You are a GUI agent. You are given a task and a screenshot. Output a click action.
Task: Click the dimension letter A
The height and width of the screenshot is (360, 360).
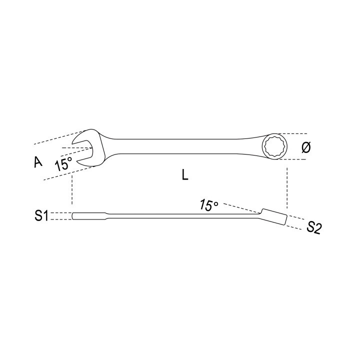click(38, 161)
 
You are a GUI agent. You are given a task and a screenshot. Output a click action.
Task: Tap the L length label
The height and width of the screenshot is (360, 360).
click(185, 175)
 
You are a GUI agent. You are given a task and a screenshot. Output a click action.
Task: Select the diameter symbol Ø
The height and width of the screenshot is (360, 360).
click(306, 147)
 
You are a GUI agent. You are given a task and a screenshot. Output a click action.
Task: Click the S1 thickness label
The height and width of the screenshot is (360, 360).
click(41, 216)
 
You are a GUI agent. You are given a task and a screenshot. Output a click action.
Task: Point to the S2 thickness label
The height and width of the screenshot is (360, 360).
click(314, 227)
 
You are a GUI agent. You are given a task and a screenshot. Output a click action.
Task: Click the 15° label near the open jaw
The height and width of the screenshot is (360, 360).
click(63, 164)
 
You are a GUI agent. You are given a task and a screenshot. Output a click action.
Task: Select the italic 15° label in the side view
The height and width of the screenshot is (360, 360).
click(208, 205)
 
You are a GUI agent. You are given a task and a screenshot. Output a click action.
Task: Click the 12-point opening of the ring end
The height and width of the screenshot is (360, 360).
click(275, 146)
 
